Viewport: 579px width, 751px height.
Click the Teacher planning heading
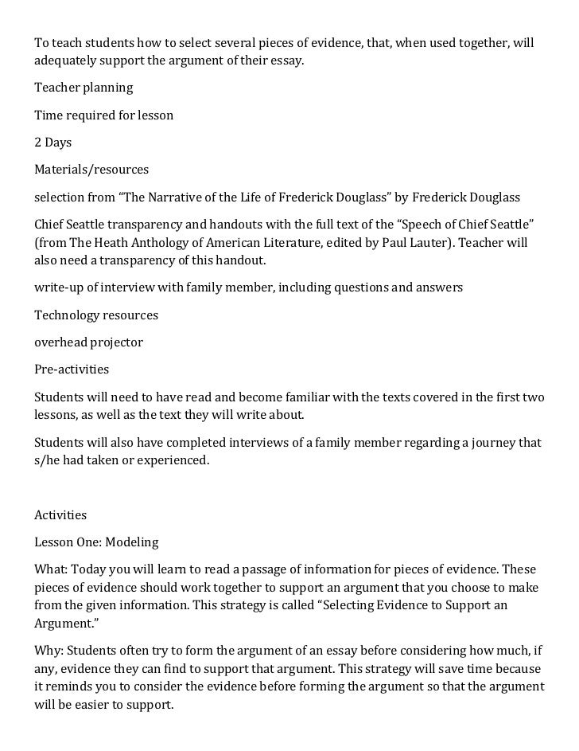point(84,88)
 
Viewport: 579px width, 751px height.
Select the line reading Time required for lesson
point(103,115)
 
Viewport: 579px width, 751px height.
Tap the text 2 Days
point(52,143)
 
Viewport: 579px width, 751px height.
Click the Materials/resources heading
point(91,170)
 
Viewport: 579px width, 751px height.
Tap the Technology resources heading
point(96,315)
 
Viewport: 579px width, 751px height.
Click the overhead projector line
point(88,342)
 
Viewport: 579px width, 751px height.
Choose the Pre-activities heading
point(72,370)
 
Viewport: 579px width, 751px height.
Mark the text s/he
point(47,460)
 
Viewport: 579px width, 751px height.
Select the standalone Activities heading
point(60,515)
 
